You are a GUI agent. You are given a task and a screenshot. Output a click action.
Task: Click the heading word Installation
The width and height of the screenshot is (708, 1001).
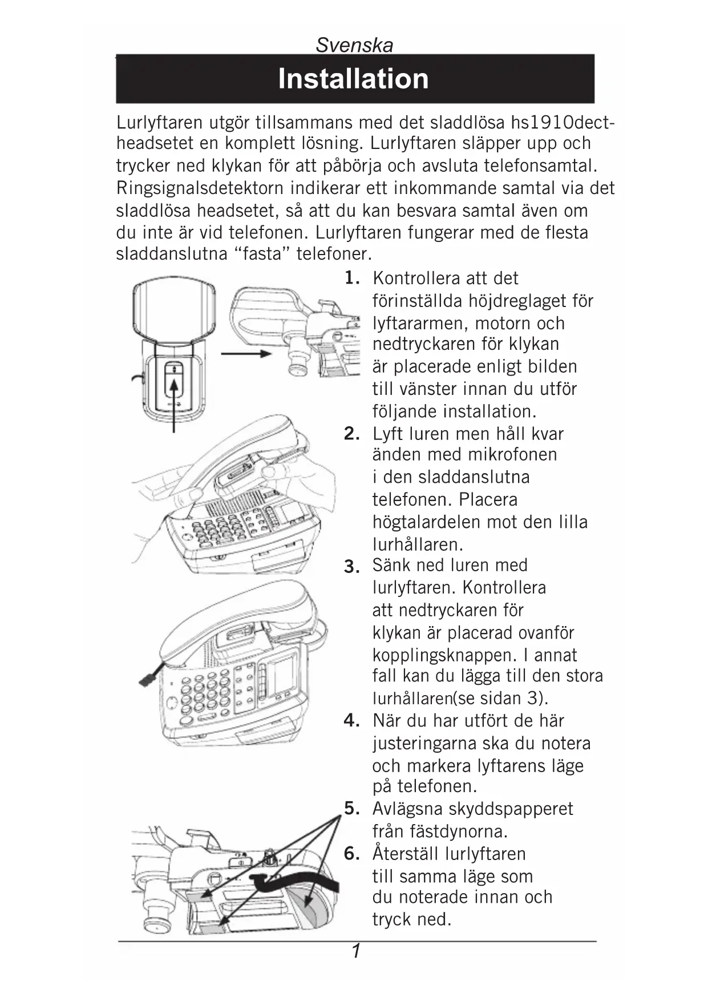coord(353,79)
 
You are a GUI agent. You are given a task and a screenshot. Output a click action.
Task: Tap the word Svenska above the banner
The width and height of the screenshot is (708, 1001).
coord(354,45)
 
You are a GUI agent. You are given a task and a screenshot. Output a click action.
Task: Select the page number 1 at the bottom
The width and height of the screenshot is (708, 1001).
coord(356,951)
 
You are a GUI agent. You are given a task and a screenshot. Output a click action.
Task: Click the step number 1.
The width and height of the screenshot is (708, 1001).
coord(351,278)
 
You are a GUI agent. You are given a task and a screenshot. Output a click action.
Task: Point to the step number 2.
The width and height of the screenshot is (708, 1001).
coord(351,434)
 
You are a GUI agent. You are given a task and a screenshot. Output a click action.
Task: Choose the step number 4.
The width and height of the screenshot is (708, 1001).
coord(351,721)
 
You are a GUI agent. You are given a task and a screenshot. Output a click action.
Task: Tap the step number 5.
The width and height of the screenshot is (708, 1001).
coord(351,809)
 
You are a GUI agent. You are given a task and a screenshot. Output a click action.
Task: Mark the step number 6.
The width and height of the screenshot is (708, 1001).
coord(351,854)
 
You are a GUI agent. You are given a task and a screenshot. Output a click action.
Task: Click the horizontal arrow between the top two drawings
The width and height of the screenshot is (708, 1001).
coord(245,354)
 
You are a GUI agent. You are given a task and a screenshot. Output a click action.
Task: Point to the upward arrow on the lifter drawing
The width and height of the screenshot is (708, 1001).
coord(174,399)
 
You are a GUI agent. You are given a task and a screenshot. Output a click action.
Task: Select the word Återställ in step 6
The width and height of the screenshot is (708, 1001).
coord(406,854)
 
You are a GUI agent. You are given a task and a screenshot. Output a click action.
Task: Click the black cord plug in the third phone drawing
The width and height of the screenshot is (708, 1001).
coord(148,679)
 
